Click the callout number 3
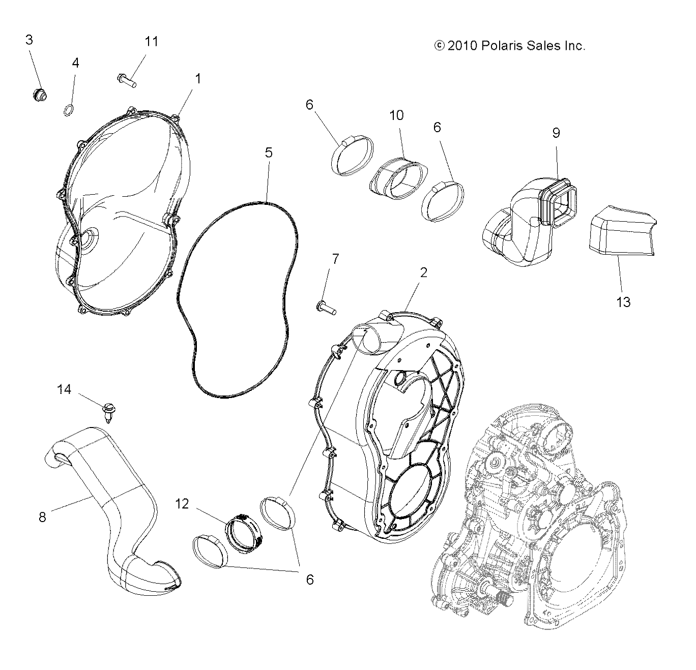pos(30,40)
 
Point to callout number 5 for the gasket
pos(268,153)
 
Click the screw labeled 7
pos(325,307)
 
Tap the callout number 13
pos(623,302)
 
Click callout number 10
pos(396,115)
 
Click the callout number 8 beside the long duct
pos(42,517)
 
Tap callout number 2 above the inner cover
pos(423,272)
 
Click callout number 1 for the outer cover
pos(198,79)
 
